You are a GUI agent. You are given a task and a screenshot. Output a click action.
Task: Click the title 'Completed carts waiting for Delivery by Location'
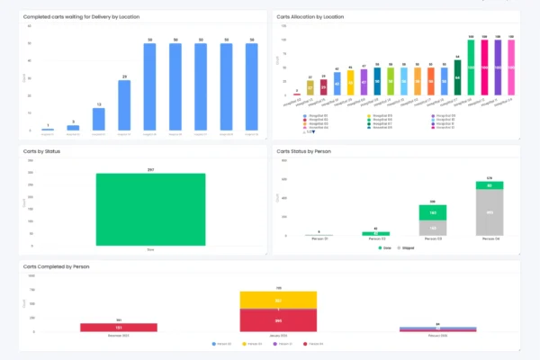click(82, 16)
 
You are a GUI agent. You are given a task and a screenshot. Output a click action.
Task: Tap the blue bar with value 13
click(99, 121)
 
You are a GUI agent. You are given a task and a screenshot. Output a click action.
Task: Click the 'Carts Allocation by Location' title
click(310, 16)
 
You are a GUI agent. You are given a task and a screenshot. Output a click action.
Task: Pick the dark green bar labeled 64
click(457, 79)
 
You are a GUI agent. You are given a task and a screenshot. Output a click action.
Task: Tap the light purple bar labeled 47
click(364, 84)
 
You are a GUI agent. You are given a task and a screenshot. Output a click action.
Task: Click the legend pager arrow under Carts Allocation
click(313, 131)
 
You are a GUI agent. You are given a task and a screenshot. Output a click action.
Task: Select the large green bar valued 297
click(150, 209)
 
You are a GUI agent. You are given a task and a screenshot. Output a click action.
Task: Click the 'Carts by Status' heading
click(42, 151)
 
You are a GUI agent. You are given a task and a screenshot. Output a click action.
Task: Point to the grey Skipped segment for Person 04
click(490, 213)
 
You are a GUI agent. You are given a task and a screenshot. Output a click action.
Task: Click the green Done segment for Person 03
click(432, 213)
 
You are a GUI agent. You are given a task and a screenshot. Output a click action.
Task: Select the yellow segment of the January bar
click(278, 300)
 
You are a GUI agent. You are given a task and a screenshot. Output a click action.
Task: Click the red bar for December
click(118, 328)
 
